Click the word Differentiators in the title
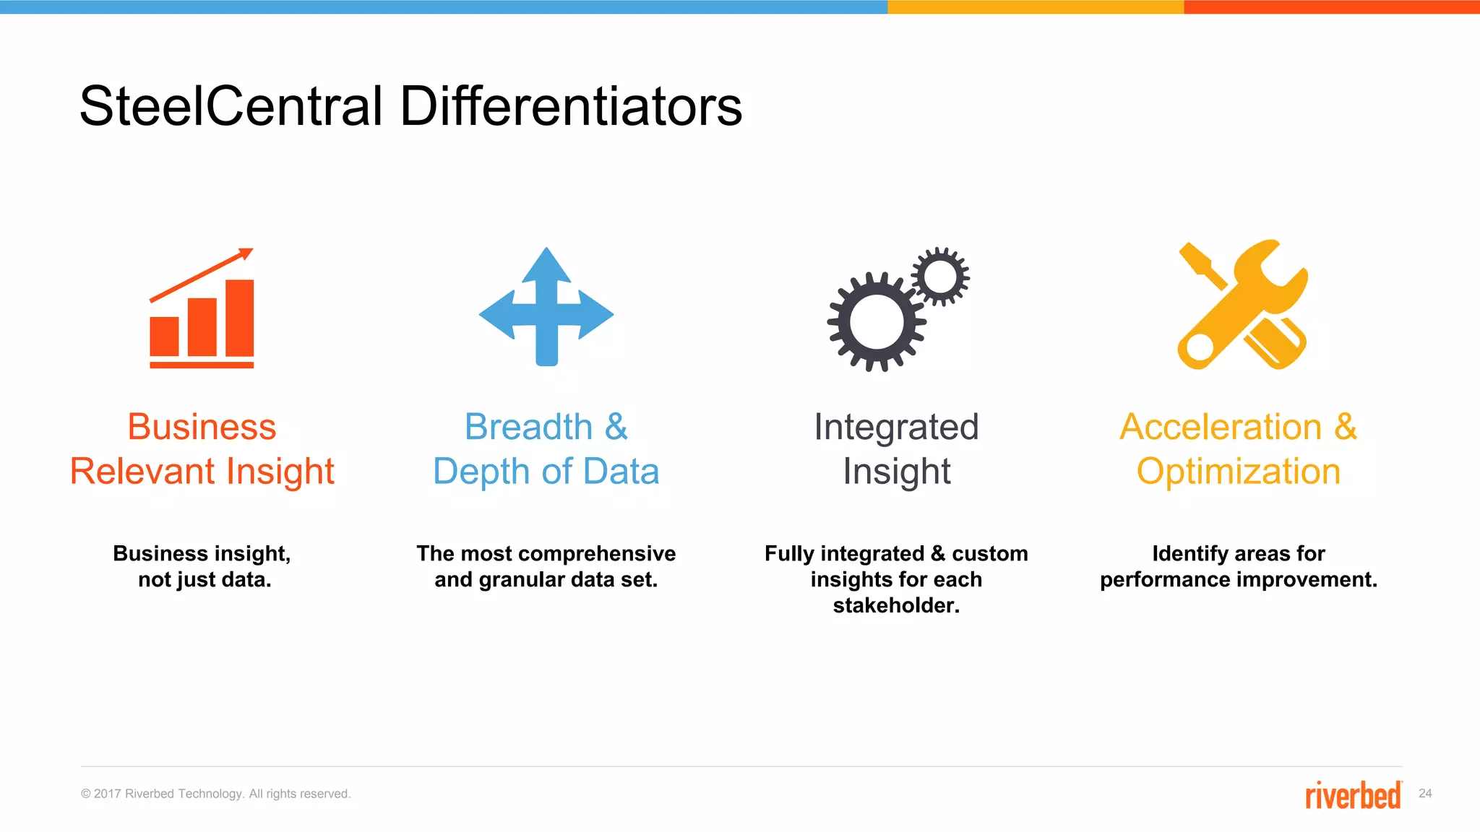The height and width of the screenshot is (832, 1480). coord(570,106)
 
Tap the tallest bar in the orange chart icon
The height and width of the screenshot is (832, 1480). coord(239,318)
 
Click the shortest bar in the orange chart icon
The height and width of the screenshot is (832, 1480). coord(164,336)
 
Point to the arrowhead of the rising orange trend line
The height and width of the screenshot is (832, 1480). coord(246,253)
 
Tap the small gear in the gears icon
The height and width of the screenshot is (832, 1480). coord(939,276)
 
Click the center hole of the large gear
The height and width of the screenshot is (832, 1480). coord(877,322)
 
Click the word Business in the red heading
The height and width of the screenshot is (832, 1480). coord(202,427)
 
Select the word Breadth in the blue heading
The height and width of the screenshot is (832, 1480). coord(528,427)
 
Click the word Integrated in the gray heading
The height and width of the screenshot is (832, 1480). coord(896,427)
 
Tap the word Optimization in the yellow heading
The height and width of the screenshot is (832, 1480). coord(1238,472)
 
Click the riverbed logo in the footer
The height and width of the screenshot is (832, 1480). coord(1353,794)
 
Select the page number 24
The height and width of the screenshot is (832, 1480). coord(1425,794)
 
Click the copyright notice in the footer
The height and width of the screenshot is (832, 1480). coord(215,794)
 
